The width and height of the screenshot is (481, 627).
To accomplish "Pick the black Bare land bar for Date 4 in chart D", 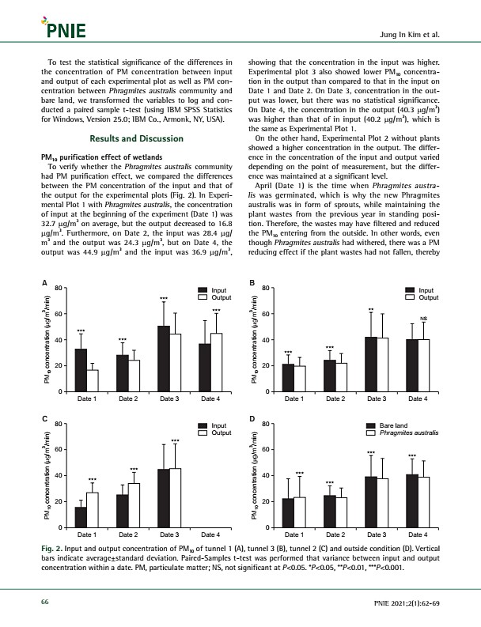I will [412, 500].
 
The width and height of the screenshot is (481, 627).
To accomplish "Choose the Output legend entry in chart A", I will [217, 297].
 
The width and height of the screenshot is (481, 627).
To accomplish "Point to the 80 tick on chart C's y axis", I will [58, 425].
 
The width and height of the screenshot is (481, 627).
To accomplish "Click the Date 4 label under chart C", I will [210, 535].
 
